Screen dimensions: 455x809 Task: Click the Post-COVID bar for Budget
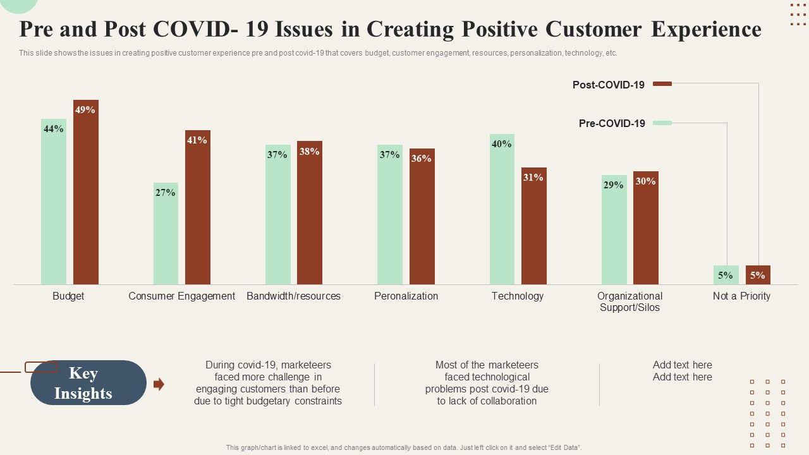tap(86, 196)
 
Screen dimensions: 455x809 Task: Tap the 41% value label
tap(197, 140)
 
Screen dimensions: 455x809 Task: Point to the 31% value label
tap(533, 178)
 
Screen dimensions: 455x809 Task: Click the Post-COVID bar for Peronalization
tap(422, 218)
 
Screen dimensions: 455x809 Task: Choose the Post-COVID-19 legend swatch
tap(662, 83)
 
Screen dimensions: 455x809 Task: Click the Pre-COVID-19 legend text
tap(612, 123)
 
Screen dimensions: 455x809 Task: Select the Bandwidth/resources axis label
tap(293, 296)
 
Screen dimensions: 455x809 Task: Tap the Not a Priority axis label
tap(741, 296)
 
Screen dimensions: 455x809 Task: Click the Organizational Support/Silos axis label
tap(630, 301)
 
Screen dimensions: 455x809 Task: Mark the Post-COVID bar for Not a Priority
tap(758, 275)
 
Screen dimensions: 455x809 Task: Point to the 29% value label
tap(613, 185)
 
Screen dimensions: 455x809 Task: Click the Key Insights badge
tap(88, 383)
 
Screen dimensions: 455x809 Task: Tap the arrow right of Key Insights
tap(159, 384)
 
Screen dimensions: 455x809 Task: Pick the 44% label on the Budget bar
tap(54, 129)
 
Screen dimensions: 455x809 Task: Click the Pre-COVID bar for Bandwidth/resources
tap(277, 215)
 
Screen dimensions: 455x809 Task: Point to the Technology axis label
tap(517, 296)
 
